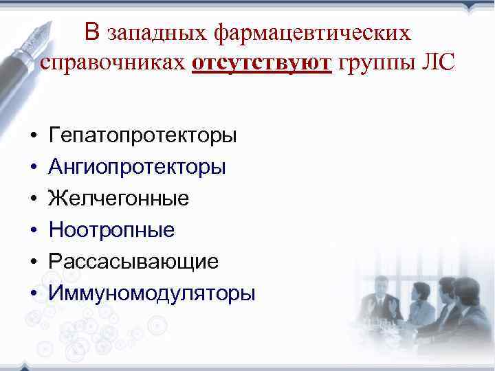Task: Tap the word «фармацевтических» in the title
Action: [x=313, y=33]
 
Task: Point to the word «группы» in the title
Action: [x=377, y=64]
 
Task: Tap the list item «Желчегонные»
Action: [x=118, y=199]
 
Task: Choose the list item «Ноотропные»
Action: [x=111, y=230]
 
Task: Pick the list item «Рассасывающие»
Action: [x=133, y=262]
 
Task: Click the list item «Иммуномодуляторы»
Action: [x=152, y=293]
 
